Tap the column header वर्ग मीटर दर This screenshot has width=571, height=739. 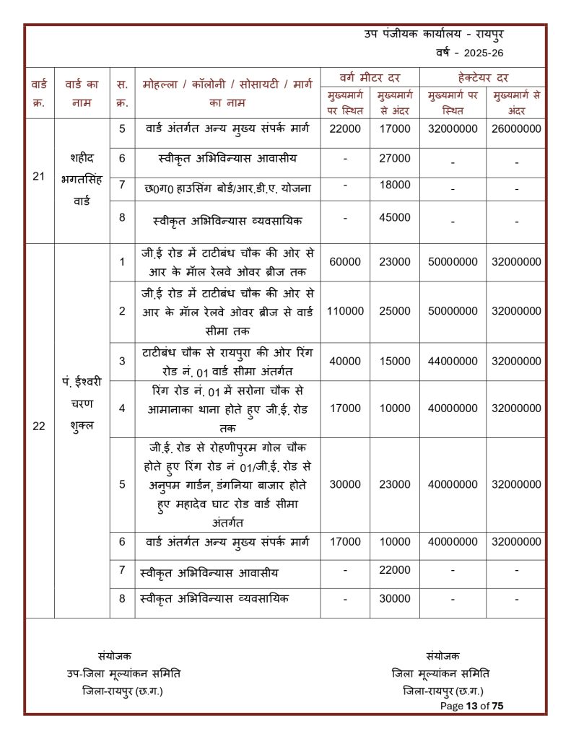point(370,77)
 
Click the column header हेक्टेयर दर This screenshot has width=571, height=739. point(482,77)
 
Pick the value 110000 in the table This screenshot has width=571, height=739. point(345,311)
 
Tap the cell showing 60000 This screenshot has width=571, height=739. point(345,262)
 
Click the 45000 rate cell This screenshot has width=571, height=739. point(395,217)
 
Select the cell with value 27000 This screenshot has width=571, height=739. point(395,159)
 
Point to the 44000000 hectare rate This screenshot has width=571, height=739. point(453,361)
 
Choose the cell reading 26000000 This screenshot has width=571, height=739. point(516,128)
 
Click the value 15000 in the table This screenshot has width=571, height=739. point(395,361)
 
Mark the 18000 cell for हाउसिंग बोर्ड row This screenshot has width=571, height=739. point(395,185)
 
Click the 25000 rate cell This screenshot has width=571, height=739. point(395,311)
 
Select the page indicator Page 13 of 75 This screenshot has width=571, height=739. point(471,706)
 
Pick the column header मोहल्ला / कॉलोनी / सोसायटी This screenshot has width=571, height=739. point(227,84)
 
